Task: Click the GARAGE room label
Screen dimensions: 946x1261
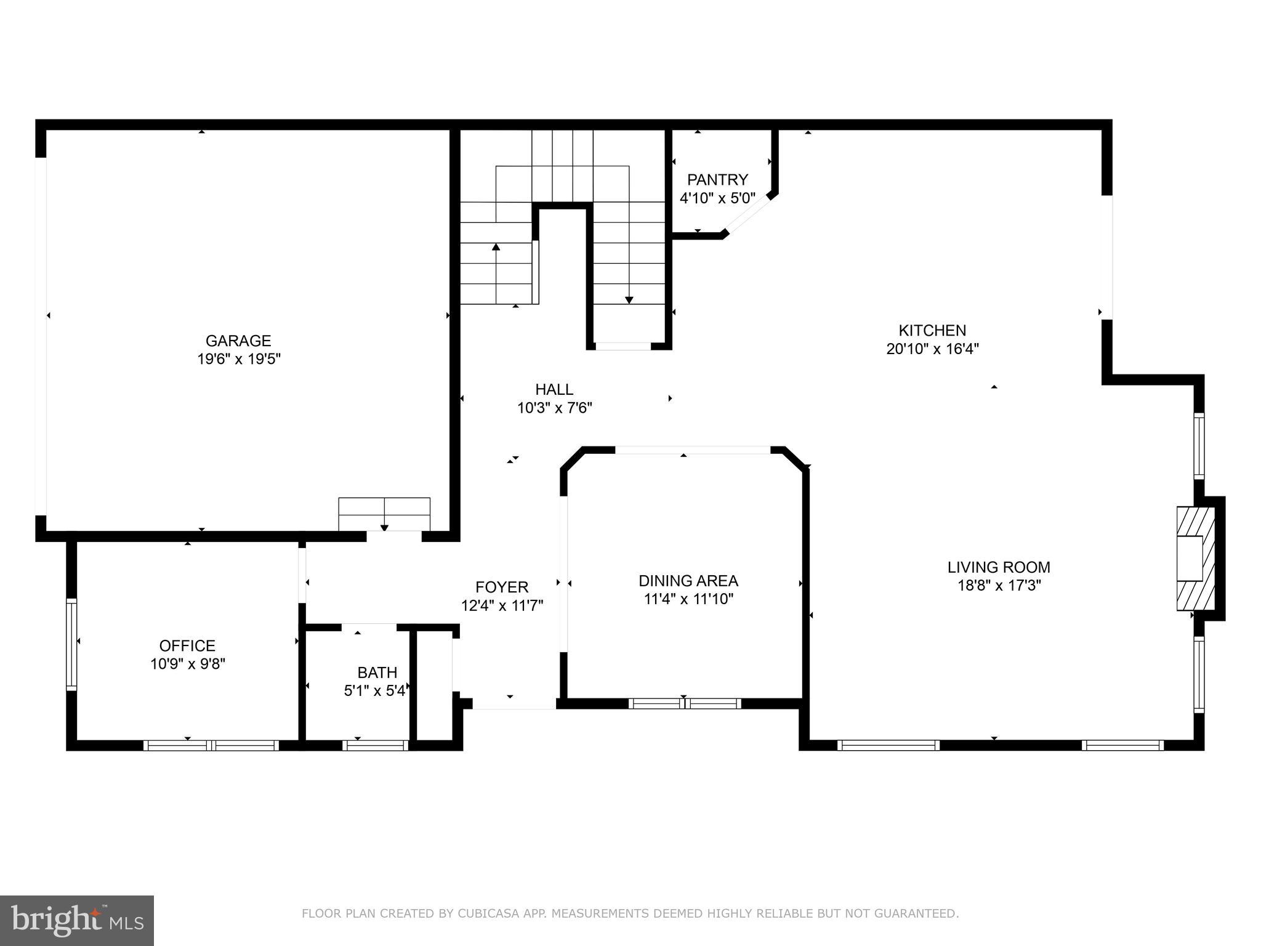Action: tap(238, 341)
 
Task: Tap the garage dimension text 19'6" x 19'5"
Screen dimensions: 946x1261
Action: tap(238, 359)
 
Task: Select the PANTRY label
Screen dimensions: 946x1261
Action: tap(717, 180)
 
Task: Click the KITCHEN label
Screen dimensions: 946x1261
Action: tap(932, 330)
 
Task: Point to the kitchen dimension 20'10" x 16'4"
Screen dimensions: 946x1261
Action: tap(932, 349)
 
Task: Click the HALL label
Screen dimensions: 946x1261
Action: tap(554, 389)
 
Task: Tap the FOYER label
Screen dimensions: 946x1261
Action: tap(502, 587)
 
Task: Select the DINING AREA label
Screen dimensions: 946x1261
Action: tap(688, 581)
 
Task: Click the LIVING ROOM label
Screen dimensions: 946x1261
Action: tap(998, 567)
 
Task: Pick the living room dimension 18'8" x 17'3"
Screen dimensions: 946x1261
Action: tap(998, 586)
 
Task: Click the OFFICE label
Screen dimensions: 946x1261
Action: tap(187, 645)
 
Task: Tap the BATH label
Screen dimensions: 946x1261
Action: tap(377, 673)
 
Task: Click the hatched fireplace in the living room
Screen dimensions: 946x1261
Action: tap(1196, 559)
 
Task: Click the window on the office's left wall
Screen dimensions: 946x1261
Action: tap(71, 644)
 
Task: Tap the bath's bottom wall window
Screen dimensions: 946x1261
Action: tap(375, 745)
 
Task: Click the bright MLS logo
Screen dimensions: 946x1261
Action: tap(77, 920)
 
